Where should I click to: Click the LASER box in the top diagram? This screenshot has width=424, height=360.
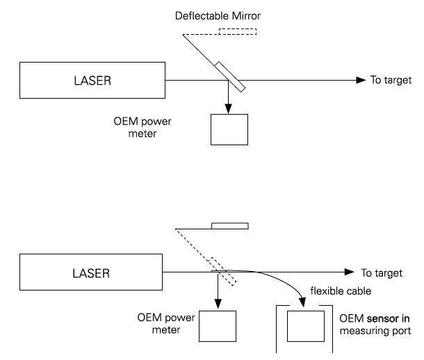[x=92, y=80]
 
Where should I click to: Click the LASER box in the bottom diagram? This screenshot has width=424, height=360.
[x=92, y=273]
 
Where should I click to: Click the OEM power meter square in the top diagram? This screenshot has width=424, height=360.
[x=229, y=129]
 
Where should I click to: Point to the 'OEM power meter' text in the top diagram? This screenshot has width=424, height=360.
[x=142, y=127]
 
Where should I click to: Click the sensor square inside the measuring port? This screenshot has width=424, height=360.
[x=306, y=325]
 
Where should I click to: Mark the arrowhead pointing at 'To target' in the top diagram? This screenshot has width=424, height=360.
[x=361, y=80]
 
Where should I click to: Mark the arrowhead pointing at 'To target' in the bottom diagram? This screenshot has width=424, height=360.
[x=351, y=272]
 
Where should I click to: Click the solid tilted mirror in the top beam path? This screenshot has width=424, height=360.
[x=230, y=77]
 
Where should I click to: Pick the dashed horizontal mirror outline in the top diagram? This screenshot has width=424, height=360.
[x=237, y=31]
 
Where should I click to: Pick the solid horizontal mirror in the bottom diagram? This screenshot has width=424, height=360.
[x=229, y=226]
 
